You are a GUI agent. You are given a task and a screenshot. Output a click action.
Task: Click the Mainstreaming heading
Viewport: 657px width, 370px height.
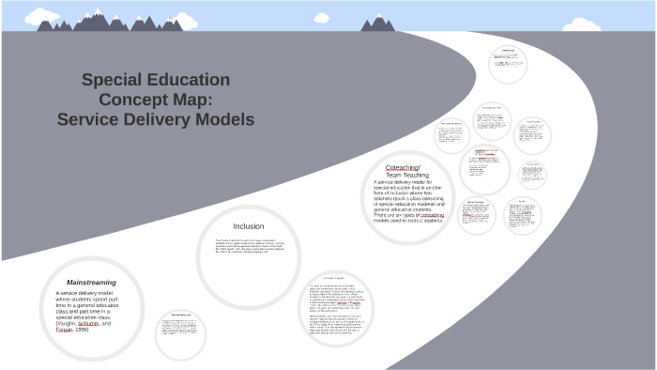coord(91,282)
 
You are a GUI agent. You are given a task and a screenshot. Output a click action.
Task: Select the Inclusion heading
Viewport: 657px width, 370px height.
coord(249,225)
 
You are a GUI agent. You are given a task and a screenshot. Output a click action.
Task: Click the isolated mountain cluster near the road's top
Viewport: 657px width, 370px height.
coord(378,23)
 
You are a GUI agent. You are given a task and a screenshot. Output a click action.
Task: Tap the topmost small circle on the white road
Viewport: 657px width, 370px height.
coord(508,62)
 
